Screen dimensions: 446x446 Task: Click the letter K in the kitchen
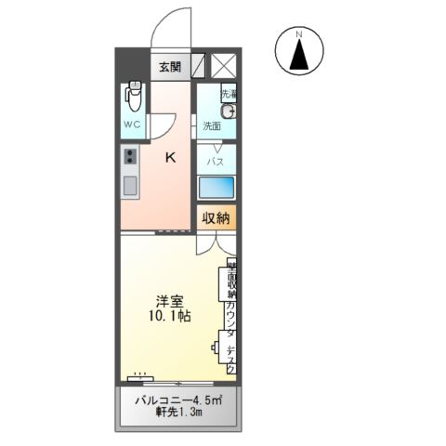pyautogui.click(x=170, y=157)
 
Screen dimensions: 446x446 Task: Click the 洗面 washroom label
pyautogui.click(x=212, y=125)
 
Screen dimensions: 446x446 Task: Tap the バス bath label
pyautogui.click(x=215, y=161)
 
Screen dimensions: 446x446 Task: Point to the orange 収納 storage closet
pyautogui.click(x=216, y=218)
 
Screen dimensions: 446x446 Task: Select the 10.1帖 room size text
pyautogui.click(x=169, y=316)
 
